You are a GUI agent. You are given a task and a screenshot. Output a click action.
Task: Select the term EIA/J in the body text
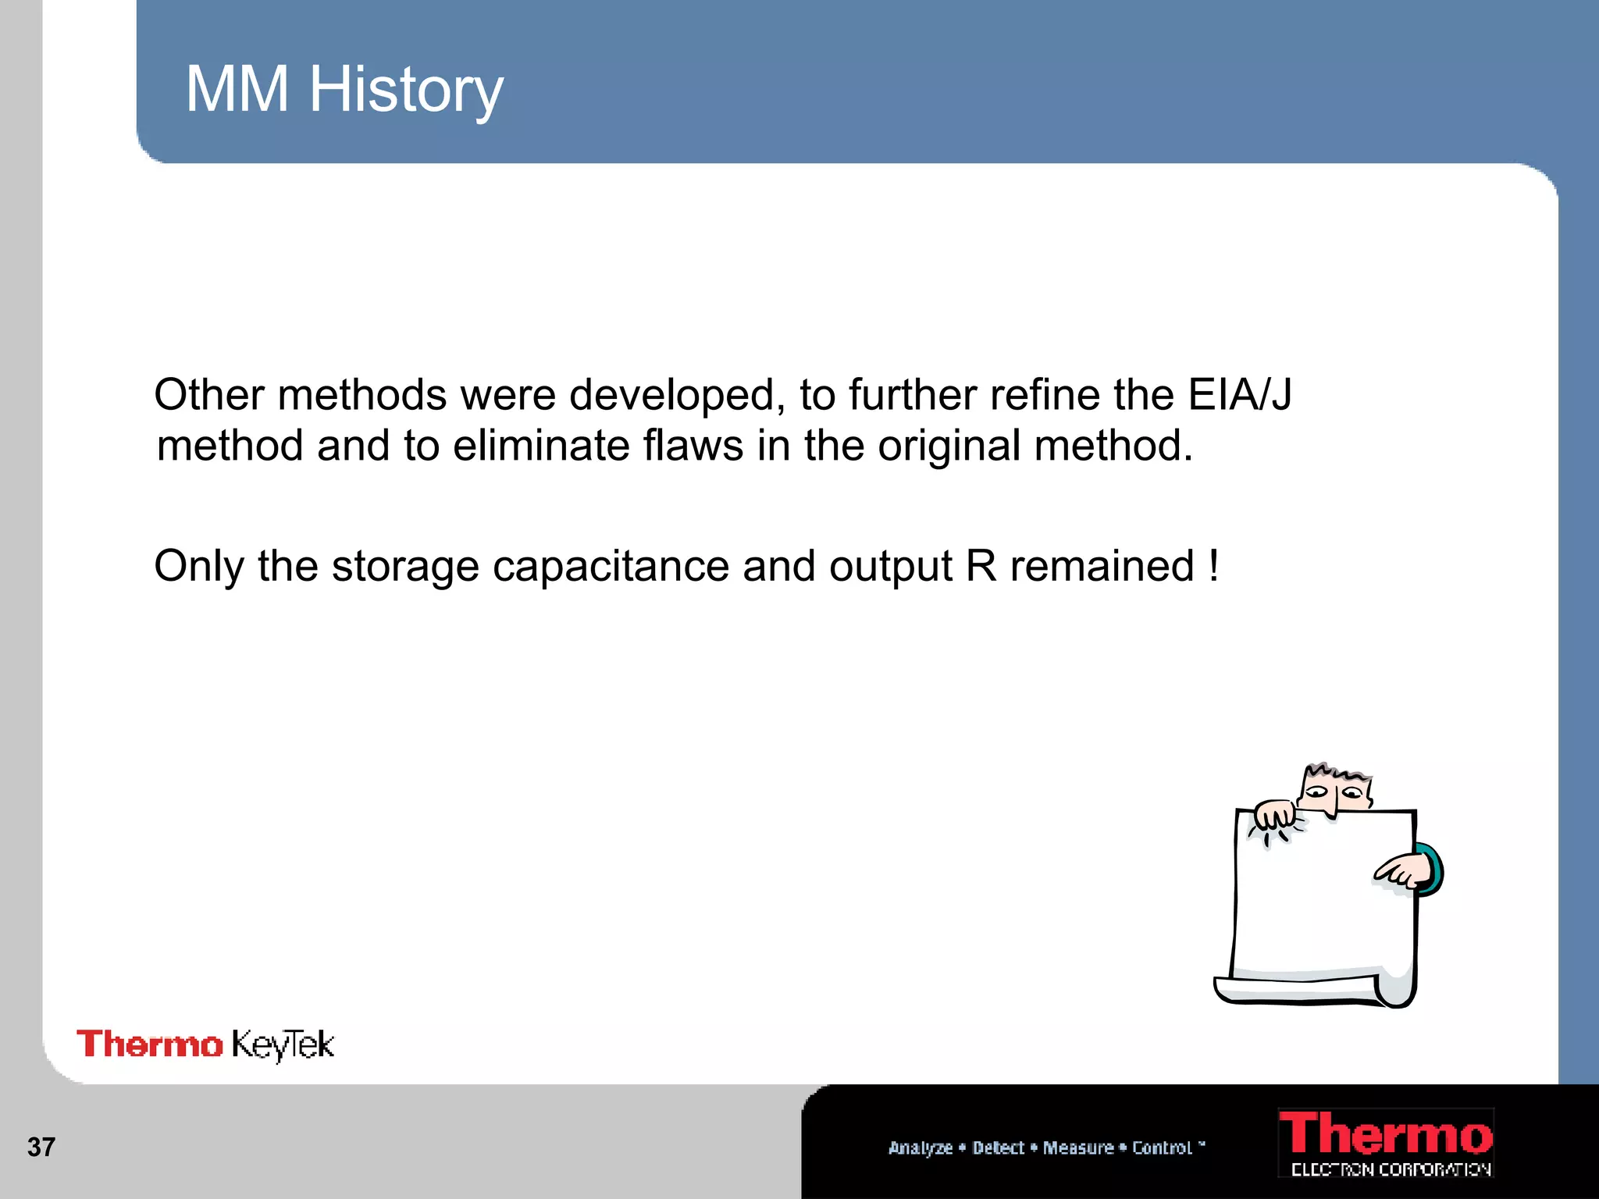[x=1239, y=394]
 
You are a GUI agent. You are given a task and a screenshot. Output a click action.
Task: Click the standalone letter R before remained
[x=981, y=566]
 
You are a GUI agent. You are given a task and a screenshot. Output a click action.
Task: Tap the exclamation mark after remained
[x=1213, y=566]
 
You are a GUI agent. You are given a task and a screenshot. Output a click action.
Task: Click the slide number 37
[x=41, y=1147]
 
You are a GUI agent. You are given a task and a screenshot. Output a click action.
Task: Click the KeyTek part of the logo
[x=283, y=1045]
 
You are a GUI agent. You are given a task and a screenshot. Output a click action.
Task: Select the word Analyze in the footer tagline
[x=920, y=1147]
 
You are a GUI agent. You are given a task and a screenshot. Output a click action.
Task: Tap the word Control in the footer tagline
[x=1162, y=1147]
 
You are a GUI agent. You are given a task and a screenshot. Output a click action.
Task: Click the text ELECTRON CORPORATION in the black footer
[x=1391, y=1169]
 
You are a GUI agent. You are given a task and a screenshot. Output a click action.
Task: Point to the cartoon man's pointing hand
[x=1401, y=873]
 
